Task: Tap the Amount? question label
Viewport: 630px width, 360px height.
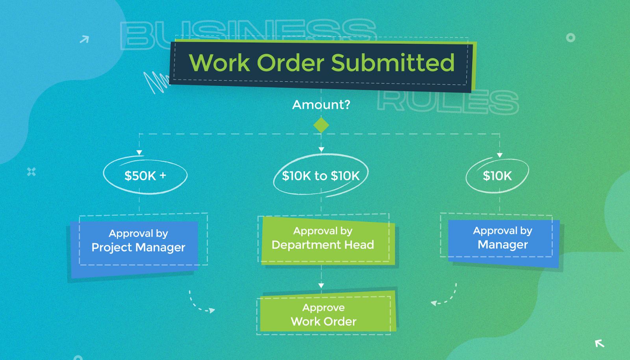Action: pyautogui.click(x=321, y=105)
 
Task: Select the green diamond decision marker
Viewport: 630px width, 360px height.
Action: pyautogui.click(x=321, y=126)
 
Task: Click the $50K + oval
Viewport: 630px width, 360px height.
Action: pyautogui.click(x=145, y=176)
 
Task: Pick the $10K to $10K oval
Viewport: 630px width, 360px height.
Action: pyautogui.click(x=321, y=176)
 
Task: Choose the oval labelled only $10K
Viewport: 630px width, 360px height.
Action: pyautogui.click(x=497, y=176)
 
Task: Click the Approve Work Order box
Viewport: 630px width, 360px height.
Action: pyautogui.click(x=324, y=315)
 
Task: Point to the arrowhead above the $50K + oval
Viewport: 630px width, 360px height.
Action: pyautogui.click(x=139, y=152)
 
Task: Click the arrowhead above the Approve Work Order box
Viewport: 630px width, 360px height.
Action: pyautogui.click(x=321, y=286)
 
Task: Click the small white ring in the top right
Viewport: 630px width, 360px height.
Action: pyautogui.click(x=571, y=38)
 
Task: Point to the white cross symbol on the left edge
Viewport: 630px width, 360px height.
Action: pyautogui.click(x=31, y=172)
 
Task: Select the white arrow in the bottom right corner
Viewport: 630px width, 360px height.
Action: pyautogui.click(x=599, y=343)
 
